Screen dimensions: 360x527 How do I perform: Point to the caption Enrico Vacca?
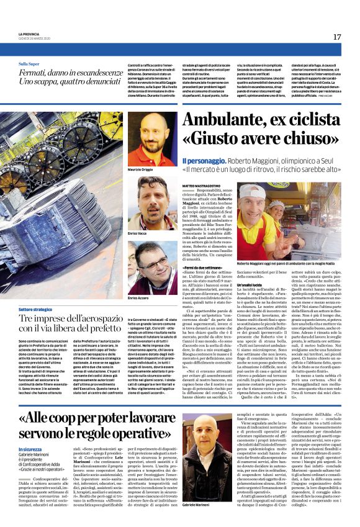point(138,234)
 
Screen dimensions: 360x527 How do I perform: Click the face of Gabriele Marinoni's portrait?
point(204,435)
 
